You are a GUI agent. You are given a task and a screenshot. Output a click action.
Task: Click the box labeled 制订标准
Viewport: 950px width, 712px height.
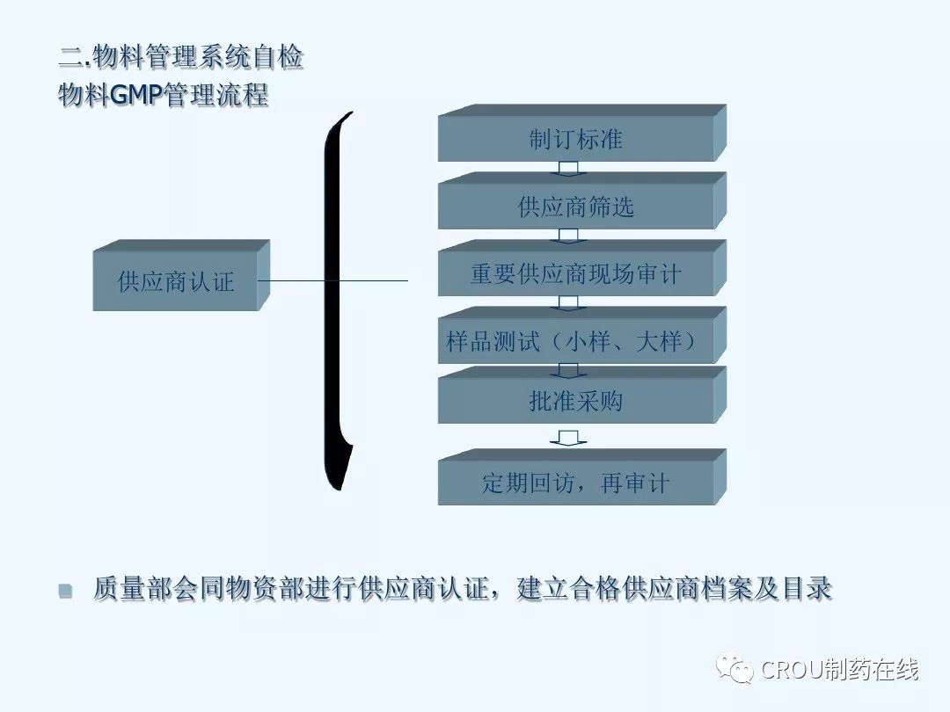576,139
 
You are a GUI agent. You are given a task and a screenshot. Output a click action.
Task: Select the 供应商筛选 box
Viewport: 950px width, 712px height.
576,207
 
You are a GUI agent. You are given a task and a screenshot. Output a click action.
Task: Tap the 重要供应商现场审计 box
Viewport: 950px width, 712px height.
576,273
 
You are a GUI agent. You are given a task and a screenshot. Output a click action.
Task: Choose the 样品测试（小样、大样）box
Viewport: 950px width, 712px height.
576,341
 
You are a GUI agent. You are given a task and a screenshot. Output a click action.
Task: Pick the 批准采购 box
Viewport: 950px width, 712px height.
576,401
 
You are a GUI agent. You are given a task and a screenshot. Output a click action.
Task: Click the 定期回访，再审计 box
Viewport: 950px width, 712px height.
576,483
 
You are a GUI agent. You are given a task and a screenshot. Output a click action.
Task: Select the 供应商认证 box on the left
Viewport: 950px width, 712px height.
176,281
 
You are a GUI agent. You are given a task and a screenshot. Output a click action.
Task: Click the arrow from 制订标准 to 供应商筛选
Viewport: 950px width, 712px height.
568,167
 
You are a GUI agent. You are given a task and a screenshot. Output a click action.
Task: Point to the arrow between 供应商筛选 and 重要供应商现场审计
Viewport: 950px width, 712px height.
568,235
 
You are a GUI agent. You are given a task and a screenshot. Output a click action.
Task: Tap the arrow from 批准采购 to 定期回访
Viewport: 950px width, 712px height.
568,437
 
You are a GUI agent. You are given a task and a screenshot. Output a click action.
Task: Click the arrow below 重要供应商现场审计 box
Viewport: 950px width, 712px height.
568,302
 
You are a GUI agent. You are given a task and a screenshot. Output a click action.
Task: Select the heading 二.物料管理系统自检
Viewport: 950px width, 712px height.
181,58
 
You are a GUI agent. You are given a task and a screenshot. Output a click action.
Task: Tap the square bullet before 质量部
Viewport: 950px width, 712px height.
65,591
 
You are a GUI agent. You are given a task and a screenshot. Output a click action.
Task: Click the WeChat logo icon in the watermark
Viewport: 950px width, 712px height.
734,670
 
